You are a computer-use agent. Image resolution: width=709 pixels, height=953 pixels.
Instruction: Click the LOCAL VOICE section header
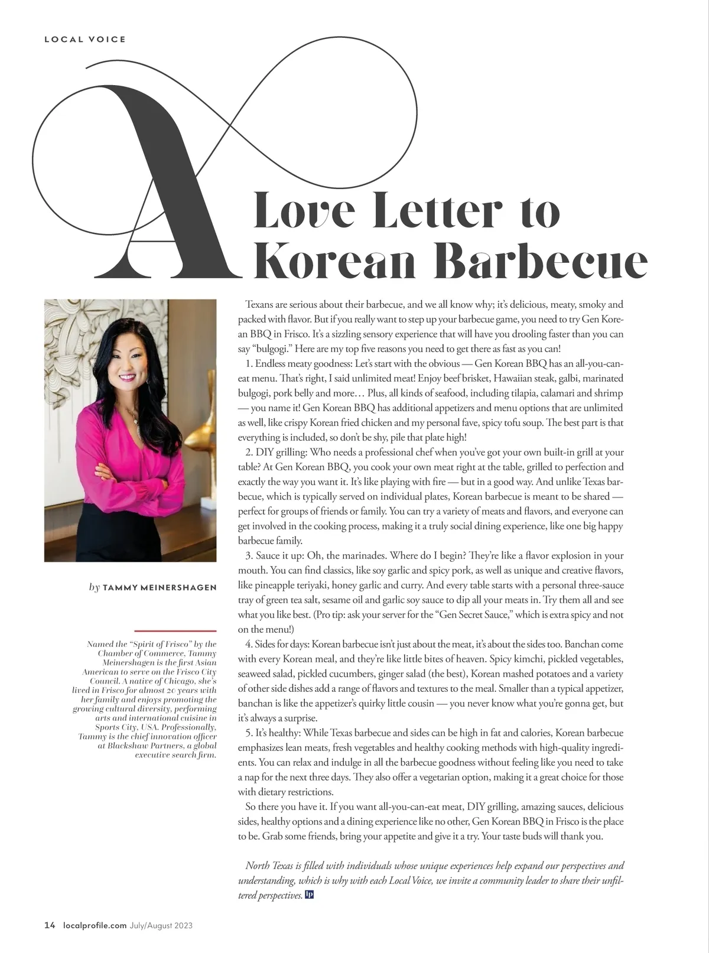click(85, 40)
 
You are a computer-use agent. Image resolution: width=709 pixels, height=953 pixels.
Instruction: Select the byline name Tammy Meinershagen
click(160, 587)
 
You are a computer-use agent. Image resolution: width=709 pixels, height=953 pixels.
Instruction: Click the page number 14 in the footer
click(50, 925)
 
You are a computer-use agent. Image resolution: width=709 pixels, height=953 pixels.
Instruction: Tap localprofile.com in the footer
click(95, 925)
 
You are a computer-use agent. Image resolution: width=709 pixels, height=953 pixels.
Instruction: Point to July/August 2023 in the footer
click(161, 925)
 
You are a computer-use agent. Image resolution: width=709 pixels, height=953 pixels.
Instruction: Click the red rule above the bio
click(175, 631)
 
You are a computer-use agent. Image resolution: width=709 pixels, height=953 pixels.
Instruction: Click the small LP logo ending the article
click(309, 895)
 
